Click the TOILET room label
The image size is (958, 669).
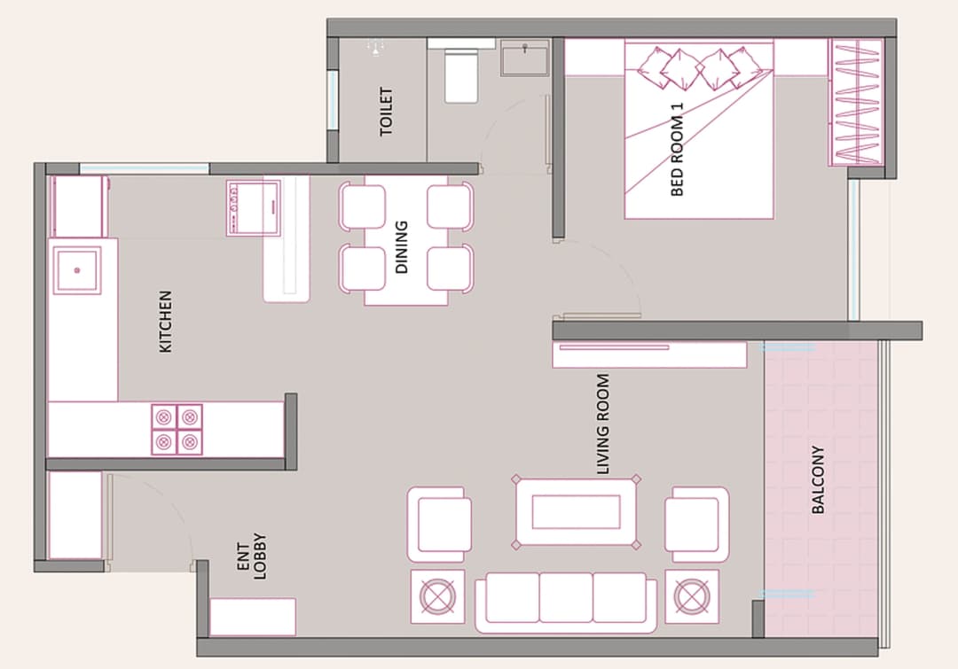[386, 112]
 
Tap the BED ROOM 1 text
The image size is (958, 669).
[678, 149]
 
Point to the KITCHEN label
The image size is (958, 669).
[165, 322]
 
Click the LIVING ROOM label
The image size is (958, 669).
[603, 424]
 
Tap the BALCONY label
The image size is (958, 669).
[818, 479]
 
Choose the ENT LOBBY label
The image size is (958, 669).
[251, 560]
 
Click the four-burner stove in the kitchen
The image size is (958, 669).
[177, 429]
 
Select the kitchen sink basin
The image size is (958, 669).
[76, 269]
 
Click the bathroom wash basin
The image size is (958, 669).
[525, 58]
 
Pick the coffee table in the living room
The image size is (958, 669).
[576, 512]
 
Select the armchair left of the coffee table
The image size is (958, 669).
[439, 523]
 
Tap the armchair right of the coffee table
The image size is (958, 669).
[696, 523]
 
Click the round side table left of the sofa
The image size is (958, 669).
[438, 596]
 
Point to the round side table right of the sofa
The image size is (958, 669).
[692, 596]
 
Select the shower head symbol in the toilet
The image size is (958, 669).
[376, 49]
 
